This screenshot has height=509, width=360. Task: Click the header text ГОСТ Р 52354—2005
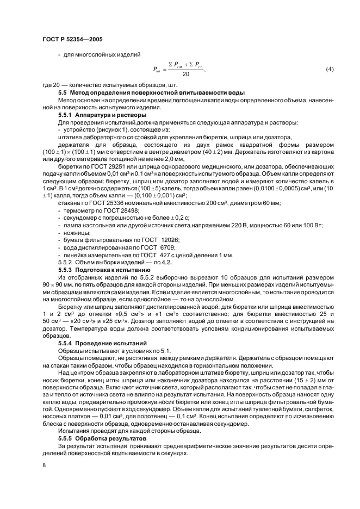tap(72, 40)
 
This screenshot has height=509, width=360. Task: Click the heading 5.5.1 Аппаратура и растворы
tap(98, 115)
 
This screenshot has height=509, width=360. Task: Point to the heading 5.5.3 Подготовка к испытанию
tap(100, 269)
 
